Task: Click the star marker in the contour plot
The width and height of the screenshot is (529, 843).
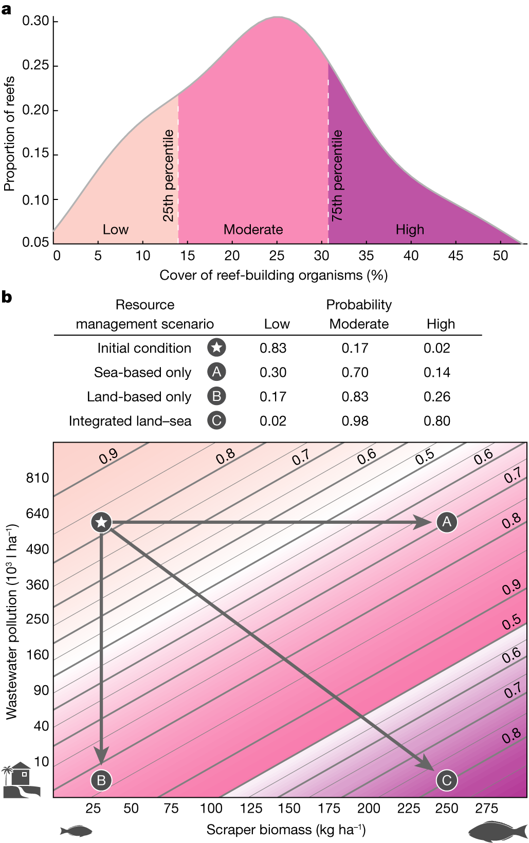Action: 102,522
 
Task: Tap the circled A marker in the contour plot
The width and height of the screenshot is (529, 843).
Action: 447,522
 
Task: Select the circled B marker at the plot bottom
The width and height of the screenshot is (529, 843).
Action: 101,780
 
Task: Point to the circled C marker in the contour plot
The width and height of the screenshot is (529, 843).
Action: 446,780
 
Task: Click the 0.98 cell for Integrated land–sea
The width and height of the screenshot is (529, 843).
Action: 355,421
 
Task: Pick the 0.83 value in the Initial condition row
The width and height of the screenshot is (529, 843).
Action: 272,348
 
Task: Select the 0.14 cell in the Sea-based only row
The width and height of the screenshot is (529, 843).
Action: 436,372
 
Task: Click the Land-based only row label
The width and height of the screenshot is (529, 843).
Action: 139,397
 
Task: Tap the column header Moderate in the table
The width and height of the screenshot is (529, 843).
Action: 359,324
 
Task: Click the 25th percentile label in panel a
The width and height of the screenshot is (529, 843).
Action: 169,175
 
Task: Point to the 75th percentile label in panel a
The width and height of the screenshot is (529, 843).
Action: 337,175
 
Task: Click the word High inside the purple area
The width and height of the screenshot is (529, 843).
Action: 410,229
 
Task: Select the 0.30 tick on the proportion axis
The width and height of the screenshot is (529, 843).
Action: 35,21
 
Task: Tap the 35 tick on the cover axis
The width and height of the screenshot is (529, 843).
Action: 366,255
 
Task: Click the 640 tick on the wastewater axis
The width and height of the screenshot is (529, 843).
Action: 37,514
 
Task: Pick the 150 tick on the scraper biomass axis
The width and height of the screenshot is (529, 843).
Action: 289,809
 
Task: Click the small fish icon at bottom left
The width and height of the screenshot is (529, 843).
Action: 76,831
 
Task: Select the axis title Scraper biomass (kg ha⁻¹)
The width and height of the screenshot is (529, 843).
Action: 286,830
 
